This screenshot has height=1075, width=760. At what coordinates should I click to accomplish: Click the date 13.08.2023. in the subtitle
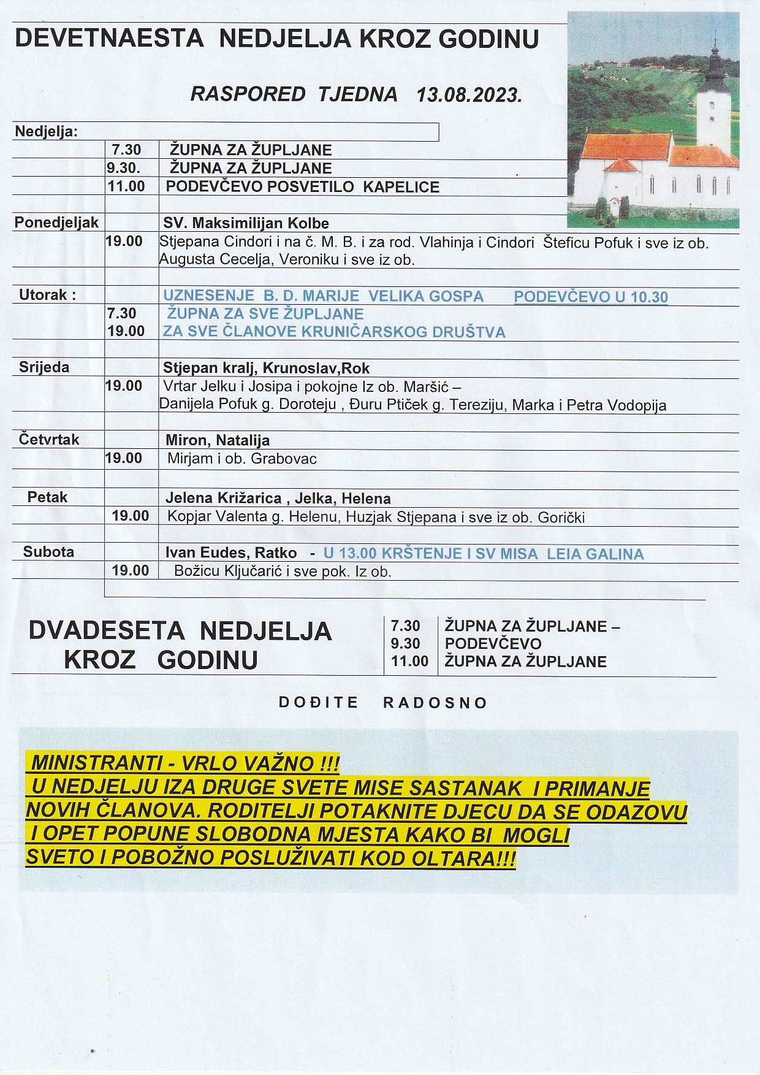pos(469,95)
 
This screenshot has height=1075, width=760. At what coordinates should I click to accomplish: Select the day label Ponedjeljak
pos(56,223)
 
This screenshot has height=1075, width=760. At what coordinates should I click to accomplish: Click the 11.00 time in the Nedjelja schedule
pos(126,186)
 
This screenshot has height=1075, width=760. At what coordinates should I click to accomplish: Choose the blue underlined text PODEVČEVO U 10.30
pos(590,297)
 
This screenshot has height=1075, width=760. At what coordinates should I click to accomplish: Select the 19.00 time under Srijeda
pos(124,386)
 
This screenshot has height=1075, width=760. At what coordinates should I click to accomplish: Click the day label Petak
pos(47,497)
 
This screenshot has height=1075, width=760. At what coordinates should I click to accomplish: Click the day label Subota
pos(48,552)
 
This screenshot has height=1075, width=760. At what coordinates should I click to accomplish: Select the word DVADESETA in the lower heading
pos(106,631)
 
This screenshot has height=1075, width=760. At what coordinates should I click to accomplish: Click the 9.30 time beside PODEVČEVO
pos(405,643)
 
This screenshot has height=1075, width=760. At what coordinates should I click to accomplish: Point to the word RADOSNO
pos(435,703)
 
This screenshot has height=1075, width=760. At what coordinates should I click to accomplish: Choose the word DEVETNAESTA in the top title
pos(108,39)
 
